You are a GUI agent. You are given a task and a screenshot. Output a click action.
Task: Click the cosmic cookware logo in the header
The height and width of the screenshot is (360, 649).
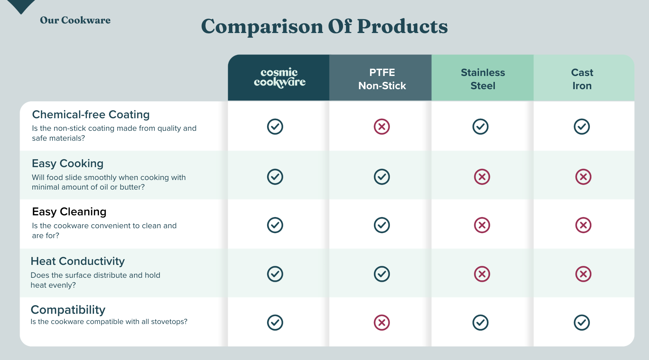(280, 78)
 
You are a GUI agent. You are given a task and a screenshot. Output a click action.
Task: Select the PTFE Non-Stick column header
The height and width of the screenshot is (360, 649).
(382, 79)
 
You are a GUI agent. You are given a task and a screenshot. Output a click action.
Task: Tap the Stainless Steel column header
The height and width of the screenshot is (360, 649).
(483, 79)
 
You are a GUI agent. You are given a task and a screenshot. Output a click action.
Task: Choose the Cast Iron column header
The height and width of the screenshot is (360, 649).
(582, 79)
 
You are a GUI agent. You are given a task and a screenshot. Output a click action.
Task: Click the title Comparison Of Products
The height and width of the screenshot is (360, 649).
(324, 26)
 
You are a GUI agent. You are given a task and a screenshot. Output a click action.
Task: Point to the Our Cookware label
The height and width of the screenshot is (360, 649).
(75, 20)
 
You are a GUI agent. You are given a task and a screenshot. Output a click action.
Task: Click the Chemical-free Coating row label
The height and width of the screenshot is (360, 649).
(91, 115)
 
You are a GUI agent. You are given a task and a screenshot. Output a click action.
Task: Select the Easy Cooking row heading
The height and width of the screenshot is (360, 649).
(68, 163)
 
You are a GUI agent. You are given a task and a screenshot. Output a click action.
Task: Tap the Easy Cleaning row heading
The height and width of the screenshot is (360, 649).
(69, 212)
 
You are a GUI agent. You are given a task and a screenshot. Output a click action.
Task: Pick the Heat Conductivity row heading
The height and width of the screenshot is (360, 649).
(78, 261)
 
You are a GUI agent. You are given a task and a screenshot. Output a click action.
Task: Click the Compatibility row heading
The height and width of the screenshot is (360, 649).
(68, 310)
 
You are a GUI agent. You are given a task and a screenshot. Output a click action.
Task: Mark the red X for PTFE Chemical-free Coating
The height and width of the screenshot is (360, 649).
(382, 126)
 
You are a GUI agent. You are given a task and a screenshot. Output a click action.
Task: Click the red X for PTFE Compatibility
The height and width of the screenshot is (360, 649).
(382, 323)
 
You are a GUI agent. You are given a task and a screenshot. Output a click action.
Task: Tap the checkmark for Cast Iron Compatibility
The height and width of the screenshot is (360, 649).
(582, 323)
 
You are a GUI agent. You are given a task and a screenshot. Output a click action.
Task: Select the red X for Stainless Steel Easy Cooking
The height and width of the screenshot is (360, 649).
(482, 177)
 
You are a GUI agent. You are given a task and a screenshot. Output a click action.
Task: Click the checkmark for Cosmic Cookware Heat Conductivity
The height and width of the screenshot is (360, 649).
(275, 274)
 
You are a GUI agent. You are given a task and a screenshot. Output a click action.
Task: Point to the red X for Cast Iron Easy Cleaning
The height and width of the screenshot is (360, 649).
(583, 225)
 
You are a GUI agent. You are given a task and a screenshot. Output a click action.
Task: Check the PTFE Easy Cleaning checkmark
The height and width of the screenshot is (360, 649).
(382, 225)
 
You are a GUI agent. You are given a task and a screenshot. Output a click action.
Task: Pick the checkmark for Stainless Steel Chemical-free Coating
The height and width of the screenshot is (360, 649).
(480, 126)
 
